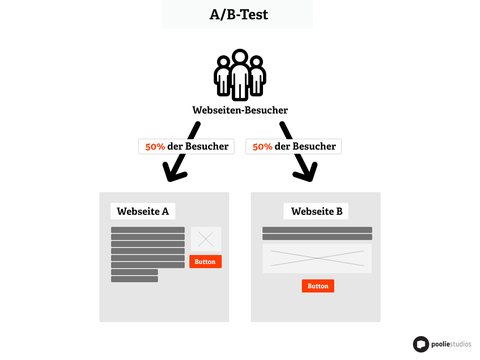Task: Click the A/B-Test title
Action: click(x=239, y=15)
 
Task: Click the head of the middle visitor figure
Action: click(x=240, y=58)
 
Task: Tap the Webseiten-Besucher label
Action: click(x=240, y=110)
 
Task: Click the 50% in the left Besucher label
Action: click(x=155, y=146)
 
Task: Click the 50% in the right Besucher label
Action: click(x=262, y=146)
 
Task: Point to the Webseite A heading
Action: click(x=143, y=211)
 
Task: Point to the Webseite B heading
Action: click(x=316, y=211)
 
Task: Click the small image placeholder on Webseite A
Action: click(x=206, y=239)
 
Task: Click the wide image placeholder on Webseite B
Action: click(x=317, y=258)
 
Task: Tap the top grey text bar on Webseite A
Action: click(x=148, y=230)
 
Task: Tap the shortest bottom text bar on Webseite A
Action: click(x=135, y=279)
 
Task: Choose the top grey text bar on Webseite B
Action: click(x=317, y=230)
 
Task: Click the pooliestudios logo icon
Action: click(x=421, y=345)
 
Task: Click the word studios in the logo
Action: click(x=459, y=345)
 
